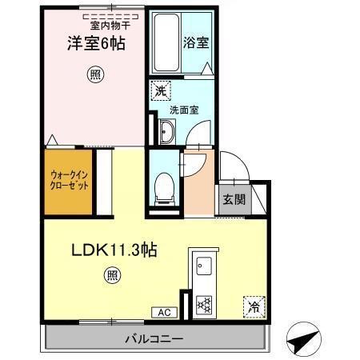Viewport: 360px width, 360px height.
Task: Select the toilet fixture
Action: [162, 187]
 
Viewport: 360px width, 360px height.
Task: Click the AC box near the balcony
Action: [162, 312]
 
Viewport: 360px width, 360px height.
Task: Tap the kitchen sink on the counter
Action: [201, 265]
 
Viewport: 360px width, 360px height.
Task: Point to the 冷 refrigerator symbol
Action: [253, 306]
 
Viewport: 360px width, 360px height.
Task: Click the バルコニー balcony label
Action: [154, 338]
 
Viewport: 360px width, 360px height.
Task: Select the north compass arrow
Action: [302, 342]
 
